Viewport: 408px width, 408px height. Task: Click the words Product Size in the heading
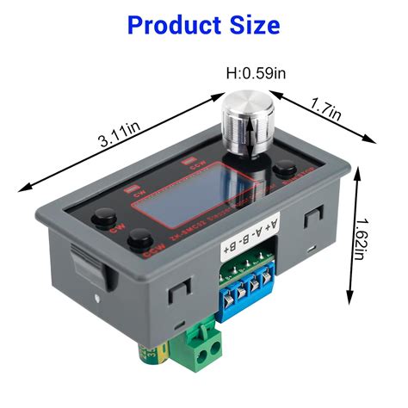click(203, 24)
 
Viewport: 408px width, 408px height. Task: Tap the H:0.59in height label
click(255, 74)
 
